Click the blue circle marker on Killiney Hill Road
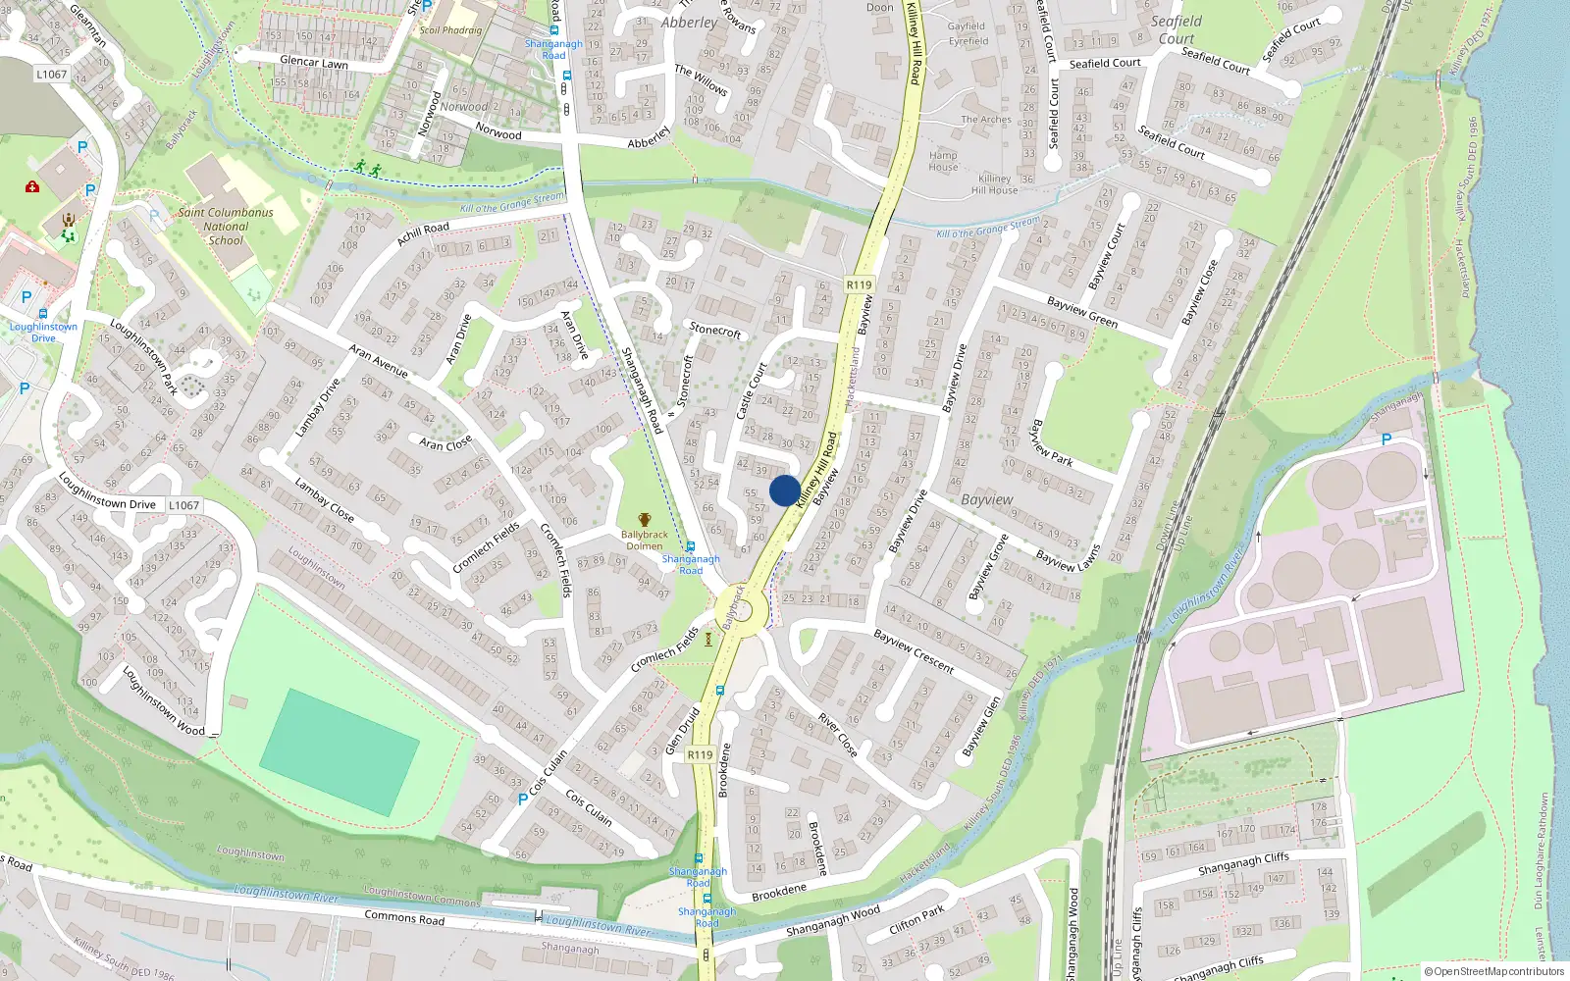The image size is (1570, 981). pyautogui.click(x=784, y=490)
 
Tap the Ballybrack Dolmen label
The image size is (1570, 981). pyautogui.click(x=644, y=541)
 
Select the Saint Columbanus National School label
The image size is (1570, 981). pyautogui.click(x=226, y=227)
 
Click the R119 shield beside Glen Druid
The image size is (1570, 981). pyautogui.click(x=700, y=754)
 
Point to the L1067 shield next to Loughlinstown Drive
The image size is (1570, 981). pyautogui.click(x=183, y=505)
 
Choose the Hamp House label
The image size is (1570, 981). pyautogui.click(x=943, y=161)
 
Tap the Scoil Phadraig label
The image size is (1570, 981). pyautogui.click(x=450, y=30)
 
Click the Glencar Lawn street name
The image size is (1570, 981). pyautogui.click(x=314, y=62)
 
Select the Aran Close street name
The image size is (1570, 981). pyautogui.click(x=445, y=442)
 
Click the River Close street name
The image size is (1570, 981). pyautogui.click(x=838, y=735)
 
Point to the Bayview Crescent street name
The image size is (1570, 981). pyautogui.click(x=914, y=651)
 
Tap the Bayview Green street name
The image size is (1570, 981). pyautogui.click(x=1081, y=312)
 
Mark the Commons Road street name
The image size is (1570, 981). pyautogui.click(x=404, y=917)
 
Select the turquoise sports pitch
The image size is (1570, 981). pyautogui.click(x=340, y=752)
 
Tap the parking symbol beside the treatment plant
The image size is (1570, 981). pyautogui.click(x=1387, y=439)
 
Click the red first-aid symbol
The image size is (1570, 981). pyautogui.click(x=32, y=186)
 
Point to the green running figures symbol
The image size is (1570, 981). pyautogui.click(x=368, y=169)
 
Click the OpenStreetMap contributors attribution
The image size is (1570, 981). pyautogui.click(x=1493, y=971)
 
